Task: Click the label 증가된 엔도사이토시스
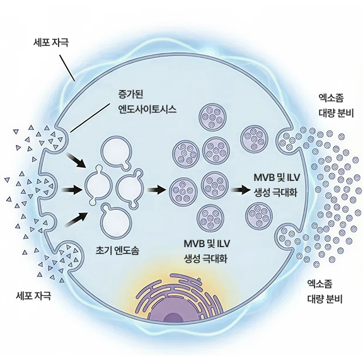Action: [147, 102]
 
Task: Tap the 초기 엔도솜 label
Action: [117, 250]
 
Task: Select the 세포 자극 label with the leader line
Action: [50, 43]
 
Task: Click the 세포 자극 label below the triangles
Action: [33, 296]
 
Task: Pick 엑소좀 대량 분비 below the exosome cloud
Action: [325, 291]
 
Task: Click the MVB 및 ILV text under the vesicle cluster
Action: [207, 244]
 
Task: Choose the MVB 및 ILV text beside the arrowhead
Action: [277, 178]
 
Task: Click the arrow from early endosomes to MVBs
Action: [156, 190]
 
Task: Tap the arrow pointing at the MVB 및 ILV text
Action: [241, 190]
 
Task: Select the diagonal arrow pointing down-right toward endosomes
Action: [76, 160]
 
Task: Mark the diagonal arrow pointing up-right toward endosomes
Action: [77, 219]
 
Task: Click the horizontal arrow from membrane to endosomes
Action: [72, 190]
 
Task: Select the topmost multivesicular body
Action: [213, 116]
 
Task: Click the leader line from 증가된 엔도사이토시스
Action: [89, 118]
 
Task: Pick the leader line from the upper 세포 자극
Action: [67, 68]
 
